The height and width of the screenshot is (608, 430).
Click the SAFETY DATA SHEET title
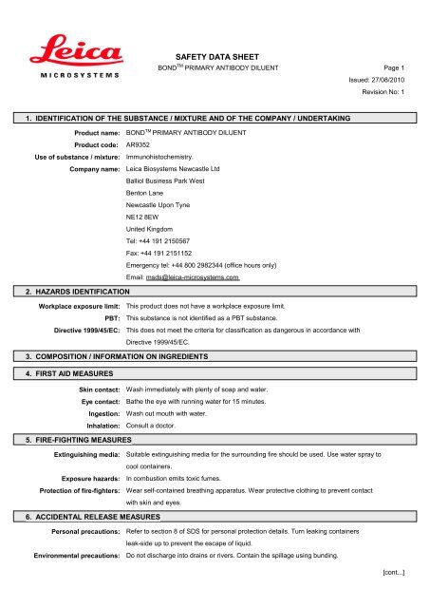(x=214, y=58)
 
